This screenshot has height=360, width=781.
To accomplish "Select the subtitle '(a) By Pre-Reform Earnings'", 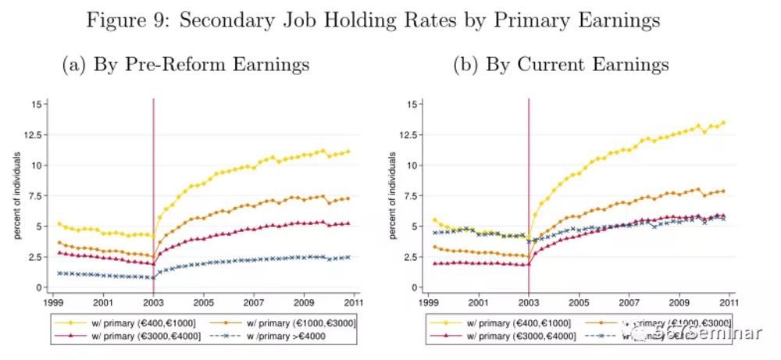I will [x=186, y=64].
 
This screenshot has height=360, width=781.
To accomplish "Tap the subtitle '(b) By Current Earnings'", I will [x=561, y=64].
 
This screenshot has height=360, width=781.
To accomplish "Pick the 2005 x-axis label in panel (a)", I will [x=203, y=301].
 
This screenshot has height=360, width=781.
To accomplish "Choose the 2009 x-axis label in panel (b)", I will [x=679, y=301].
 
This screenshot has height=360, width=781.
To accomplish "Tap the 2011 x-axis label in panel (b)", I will [x=729, y=301].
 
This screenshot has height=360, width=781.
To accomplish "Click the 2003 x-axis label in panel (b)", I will [x=529, y=301].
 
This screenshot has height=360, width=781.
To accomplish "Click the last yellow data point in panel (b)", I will [x=723, y=123].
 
